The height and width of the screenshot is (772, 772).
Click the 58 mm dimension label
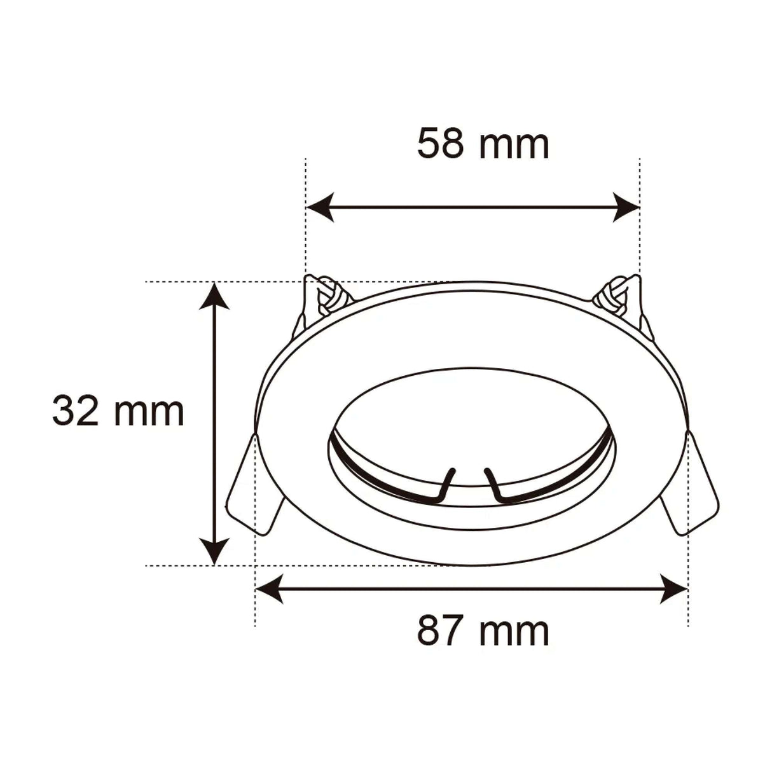coord(483,144)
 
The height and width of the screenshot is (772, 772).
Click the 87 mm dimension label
coord(483,631)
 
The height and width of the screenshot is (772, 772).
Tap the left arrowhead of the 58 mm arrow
coord(319,207)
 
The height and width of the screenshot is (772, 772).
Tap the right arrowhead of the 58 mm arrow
coord(627,207)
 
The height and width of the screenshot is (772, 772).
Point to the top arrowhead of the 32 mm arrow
coord(215,295)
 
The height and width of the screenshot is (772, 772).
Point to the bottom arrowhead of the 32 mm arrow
coord(215,551)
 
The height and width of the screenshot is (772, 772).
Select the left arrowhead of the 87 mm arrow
coord(268,589)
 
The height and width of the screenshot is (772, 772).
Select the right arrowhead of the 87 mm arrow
coord(675,589)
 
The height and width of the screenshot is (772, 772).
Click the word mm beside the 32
coord(149,412)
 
